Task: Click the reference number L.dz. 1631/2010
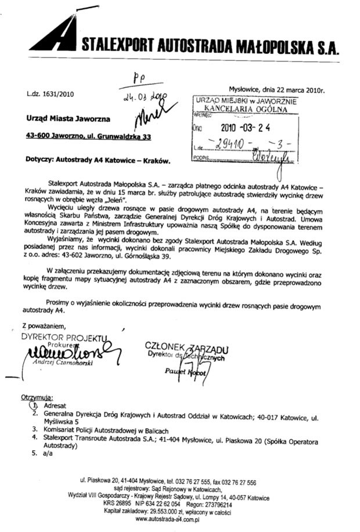(x=50, y=93)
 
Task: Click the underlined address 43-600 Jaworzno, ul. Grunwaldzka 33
(x=88, y=137)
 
